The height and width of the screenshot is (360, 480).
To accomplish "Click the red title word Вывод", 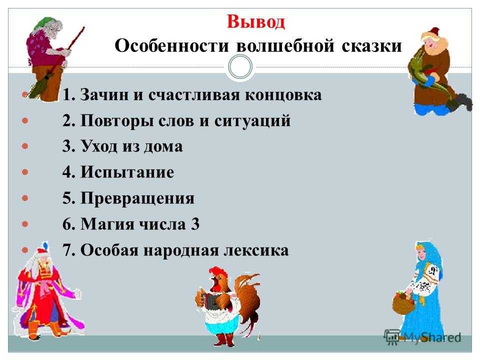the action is click(x=255, y=21).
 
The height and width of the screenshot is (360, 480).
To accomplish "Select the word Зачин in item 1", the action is click(x=104, y=94).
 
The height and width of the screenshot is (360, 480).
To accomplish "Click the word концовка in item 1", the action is click(x=283, y=95).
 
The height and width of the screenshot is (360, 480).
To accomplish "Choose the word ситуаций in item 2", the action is click(x=252, y=120).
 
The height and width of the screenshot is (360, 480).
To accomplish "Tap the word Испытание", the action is click(x=127, y=172).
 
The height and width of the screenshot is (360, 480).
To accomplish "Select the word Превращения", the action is click(x=137, y=198).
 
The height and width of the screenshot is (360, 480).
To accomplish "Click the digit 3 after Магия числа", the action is click(x=195, y=224).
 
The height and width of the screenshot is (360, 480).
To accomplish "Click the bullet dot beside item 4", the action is click(x=25, y=171).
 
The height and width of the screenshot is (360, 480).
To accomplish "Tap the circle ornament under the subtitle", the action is click(x=240, y=67).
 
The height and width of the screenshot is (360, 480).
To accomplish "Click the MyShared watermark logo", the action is click(x=422, y=337).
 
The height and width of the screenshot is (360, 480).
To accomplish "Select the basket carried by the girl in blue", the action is click(x=403, y=303).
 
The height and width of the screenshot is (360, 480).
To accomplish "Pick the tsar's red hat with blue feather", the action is click(x=41, y=250).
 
